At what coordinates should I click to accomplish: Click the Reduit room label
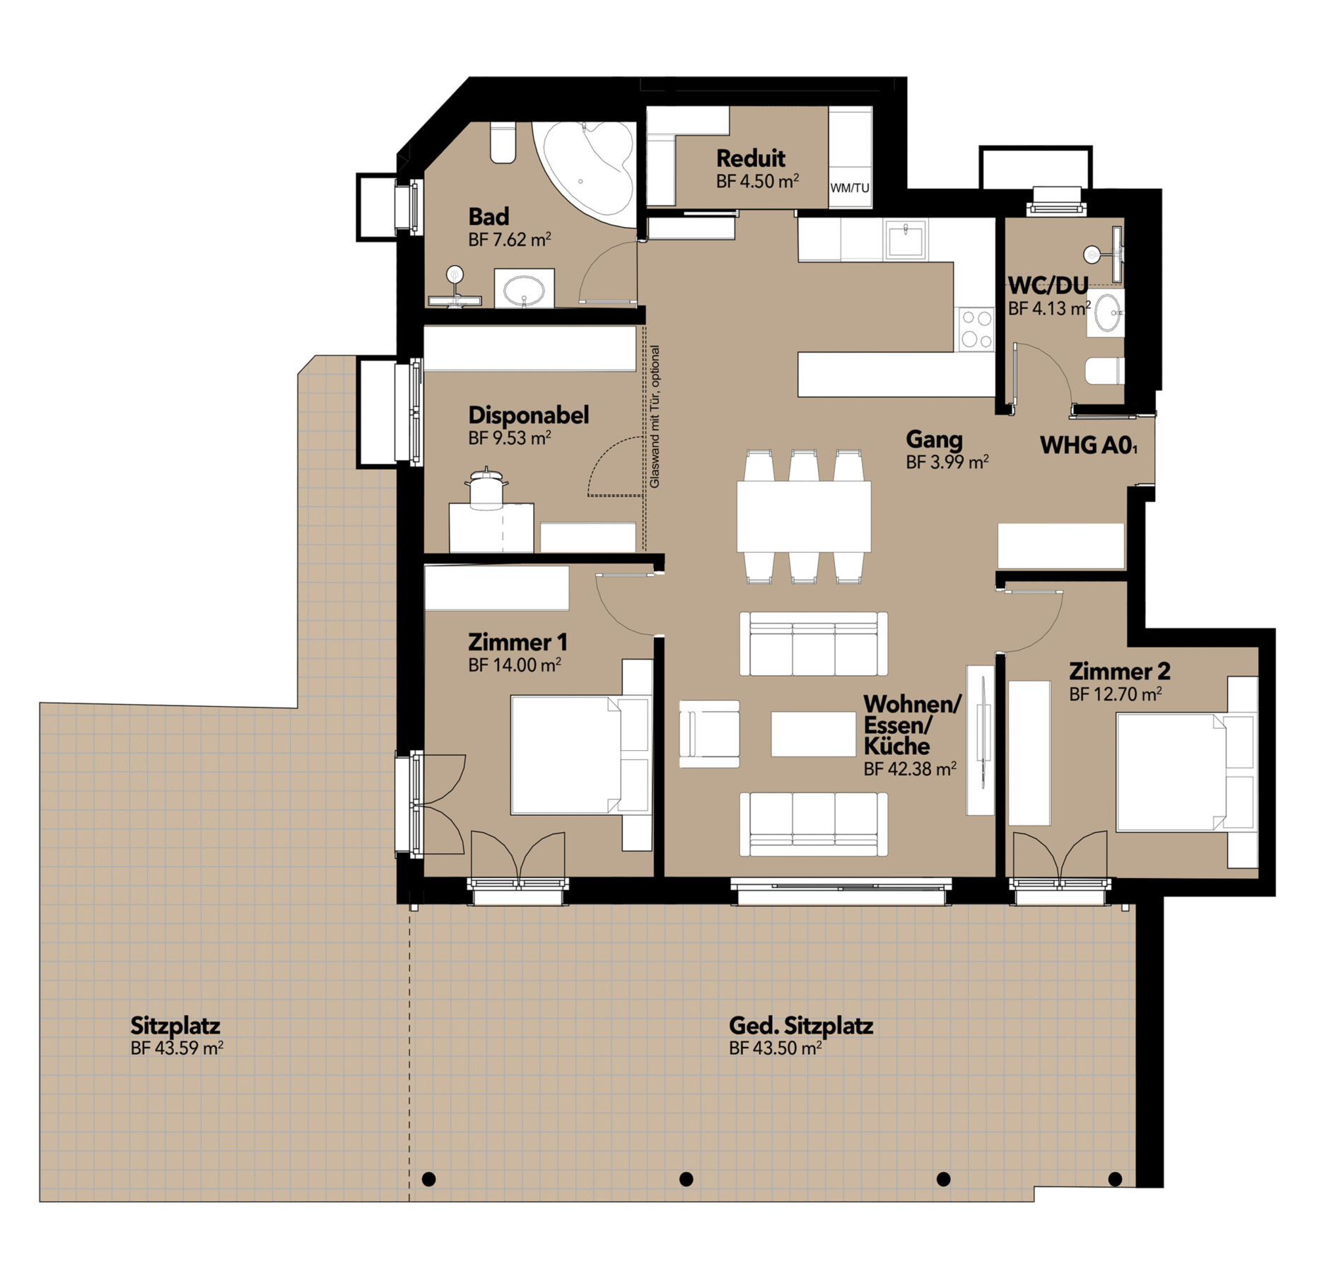(x=750, y=158)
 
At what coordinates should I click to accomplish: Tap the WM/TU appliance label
(x=850, y=188)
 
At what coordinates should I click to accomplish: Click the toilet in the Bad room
(x=503, y=144)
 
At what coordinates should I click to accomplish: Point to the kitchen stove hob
(x=976, y=329)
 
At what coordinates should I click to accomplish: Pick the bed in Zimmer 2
(x=1187, y=772)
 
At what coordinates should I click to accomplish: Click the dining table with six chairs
(x=804, y=516)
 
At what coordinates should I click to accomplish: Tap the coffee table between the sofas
(x=813, y=734)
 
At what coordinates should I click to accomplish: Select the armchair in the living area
(x=709, y=734)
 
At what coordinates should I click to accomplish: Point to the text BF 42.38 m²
(x=910, y=769)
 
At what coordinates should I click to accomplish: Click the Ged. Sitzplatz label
(x=801, y=1026)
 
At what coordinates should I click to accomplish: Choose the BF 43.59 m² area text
(x=177, y=1048)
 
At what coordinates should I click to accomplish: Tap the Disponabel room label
(x=528, y=415)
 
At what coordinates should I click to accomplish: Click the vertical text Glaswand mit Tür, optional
(x=655, y=416)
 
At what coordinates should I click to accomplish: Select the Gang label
(x=934, y=440)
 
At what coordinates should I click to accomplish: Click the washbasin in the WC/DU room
(x=1106, y=312)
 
